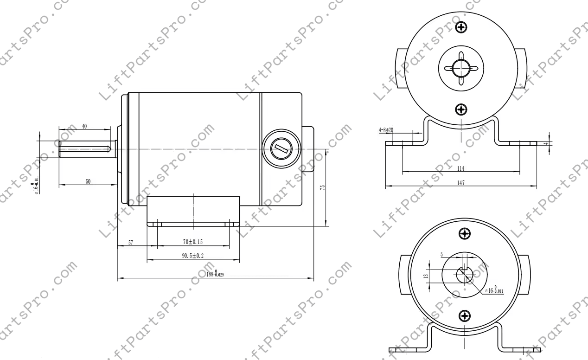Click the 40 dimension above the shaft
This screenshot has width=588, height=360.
[84, 126]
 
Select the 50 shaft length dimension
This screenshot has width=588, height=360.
[88, 181]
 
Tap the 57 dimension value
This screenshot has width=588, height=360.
[131, 243]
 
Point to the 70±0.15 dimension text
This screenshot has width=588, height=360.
[193, 242]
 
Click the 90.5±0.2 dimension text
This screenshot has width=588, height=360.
[193, 256]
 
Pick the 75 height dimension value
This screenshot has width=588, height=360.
[322, 187]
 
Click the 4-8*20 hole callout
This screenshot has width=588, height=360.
[386, 130]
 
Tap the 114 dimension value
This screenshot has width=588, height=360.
[460, 167]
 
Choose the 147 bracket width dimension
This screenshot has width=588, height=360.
[460, 183]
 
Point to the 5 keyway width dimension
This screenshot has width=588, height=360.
[442, 254]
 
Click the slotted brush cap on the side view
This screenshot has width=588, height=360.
[280, 149]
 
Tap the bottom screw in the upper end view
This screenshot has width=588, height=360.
[461, 109]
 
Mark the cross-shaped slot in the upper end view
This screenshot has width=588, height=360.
[461, 68]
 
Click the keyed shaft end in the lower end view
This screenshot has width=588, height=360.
[464, 275]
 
